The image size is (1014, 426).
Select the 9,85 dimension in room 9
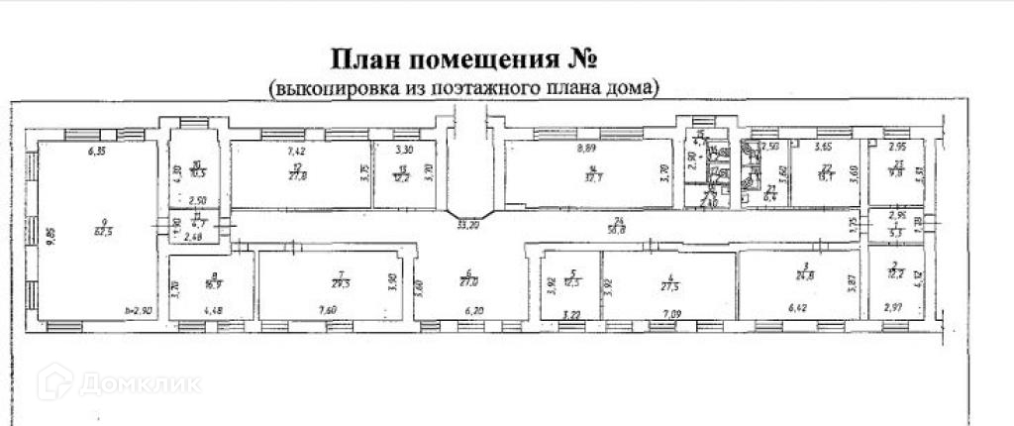(51, 235)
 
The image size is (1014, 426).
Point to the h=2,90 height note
(139, 309)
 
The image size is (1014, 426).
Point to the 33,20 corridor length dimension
(467, 226)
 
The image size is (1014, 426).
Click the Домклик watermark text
(139, 382)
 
